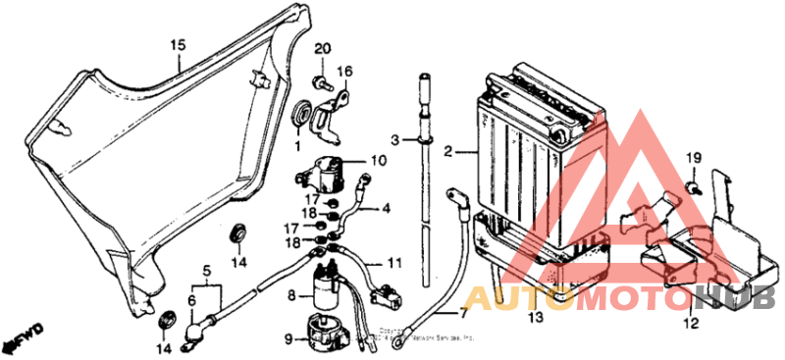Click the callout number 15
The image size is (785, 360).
tap(178, 45)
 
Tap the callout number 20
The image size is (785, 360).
tap(323, 49)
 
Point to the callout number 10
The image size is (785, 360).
tap(379, 161)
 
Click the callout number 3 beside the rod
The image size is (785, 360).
tap(394, 140)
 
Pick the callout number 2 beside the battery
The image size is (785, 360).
tap(447, 152)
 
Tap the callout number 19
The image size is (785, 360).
tap(693, 158)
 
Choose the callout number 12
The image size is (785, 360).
tap(692, 321)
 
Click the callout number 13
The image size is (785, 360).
tap(535, 319)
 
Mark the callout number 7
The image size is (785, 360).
tap(463, 314)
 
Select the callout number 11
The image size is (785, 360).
tap(393, 263)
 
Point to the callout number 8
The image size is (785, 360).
tap(292, 294)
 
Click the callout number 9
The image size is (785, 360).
tap(288, 339)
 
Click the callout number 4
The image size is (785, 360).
tap(386, 207)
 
